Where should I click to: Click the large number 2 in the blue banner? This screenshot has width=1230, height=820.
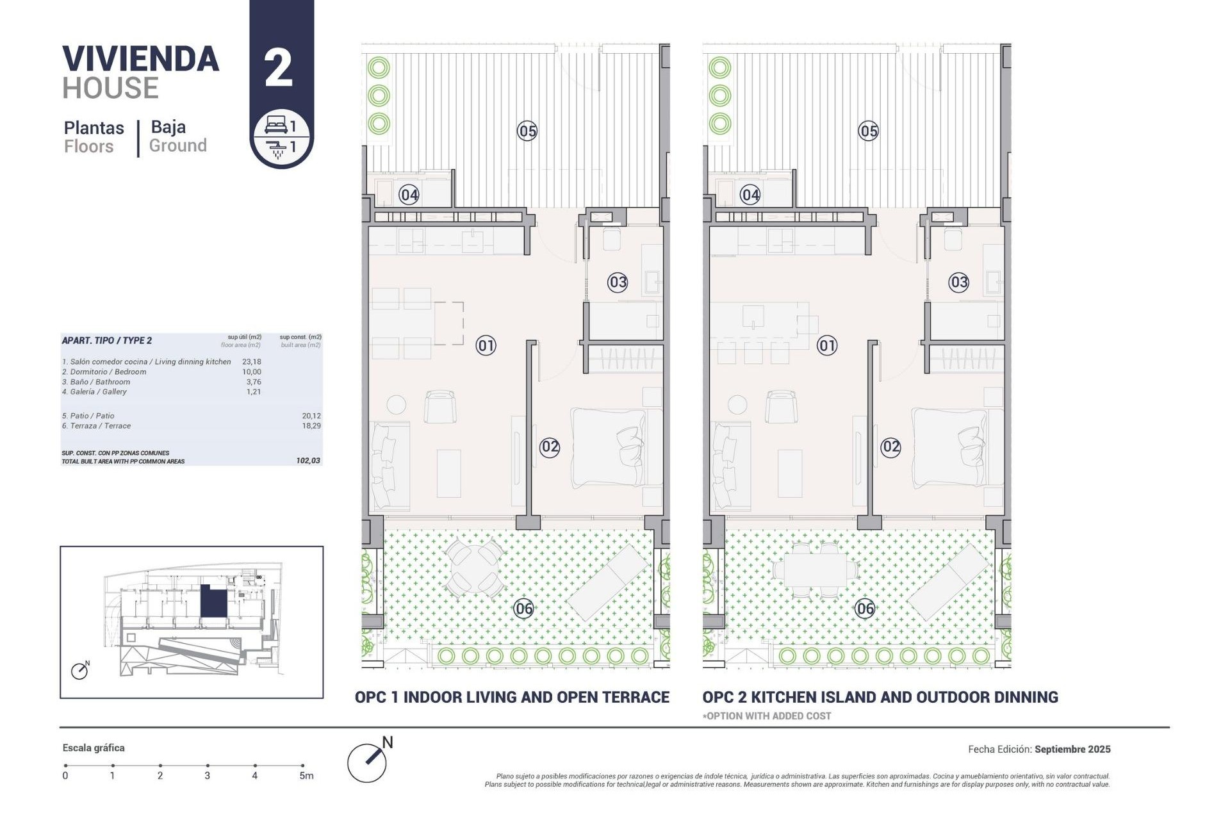point(279,69)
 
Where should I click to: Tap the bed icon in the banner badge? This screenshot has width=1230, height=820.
point(276,125)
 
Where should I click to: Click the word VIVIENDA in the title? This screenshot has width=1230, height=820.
point(140,59)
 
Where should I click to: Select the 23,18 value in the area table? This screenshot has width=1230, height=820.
point(251,362)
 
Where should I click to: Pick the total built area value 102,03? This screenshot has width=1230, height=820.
point(308,461)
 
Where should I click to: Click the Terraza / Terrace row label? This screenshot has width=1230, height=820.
point(96,426)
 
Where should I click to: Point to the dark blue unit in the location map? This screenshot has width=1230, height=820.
point(213,602)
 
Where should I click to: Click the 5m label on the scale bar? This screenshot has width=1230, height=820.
point(306,776)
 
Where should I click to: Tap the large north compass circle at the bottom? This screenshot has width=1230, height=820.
point(366,762)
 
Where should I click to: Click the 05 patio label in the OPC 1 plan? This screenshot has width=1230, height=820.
point(527,131)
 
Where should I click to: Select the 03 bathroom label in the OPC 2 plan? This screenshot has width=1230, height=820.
point(958,282)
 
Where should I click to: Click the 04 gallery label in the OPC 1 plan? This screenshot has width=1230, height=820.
point(409,194)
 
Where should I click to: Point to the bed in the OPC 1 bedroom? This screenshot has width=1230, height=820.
point(609,447)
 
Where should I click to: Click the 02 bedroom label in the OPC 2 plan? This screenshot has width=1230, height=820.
point(890,447)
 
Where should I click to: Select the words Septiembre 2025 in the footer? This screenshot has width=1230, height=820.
point(1072,749)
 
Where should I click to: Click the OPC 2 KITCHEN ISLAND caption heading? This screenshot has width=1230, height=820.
point(880,697)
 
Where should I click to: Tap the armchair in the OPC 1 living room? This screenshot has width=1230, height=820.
point(439,407)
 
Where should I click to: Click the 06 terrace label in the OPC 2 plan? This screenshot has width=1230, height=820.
point(865,609)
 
